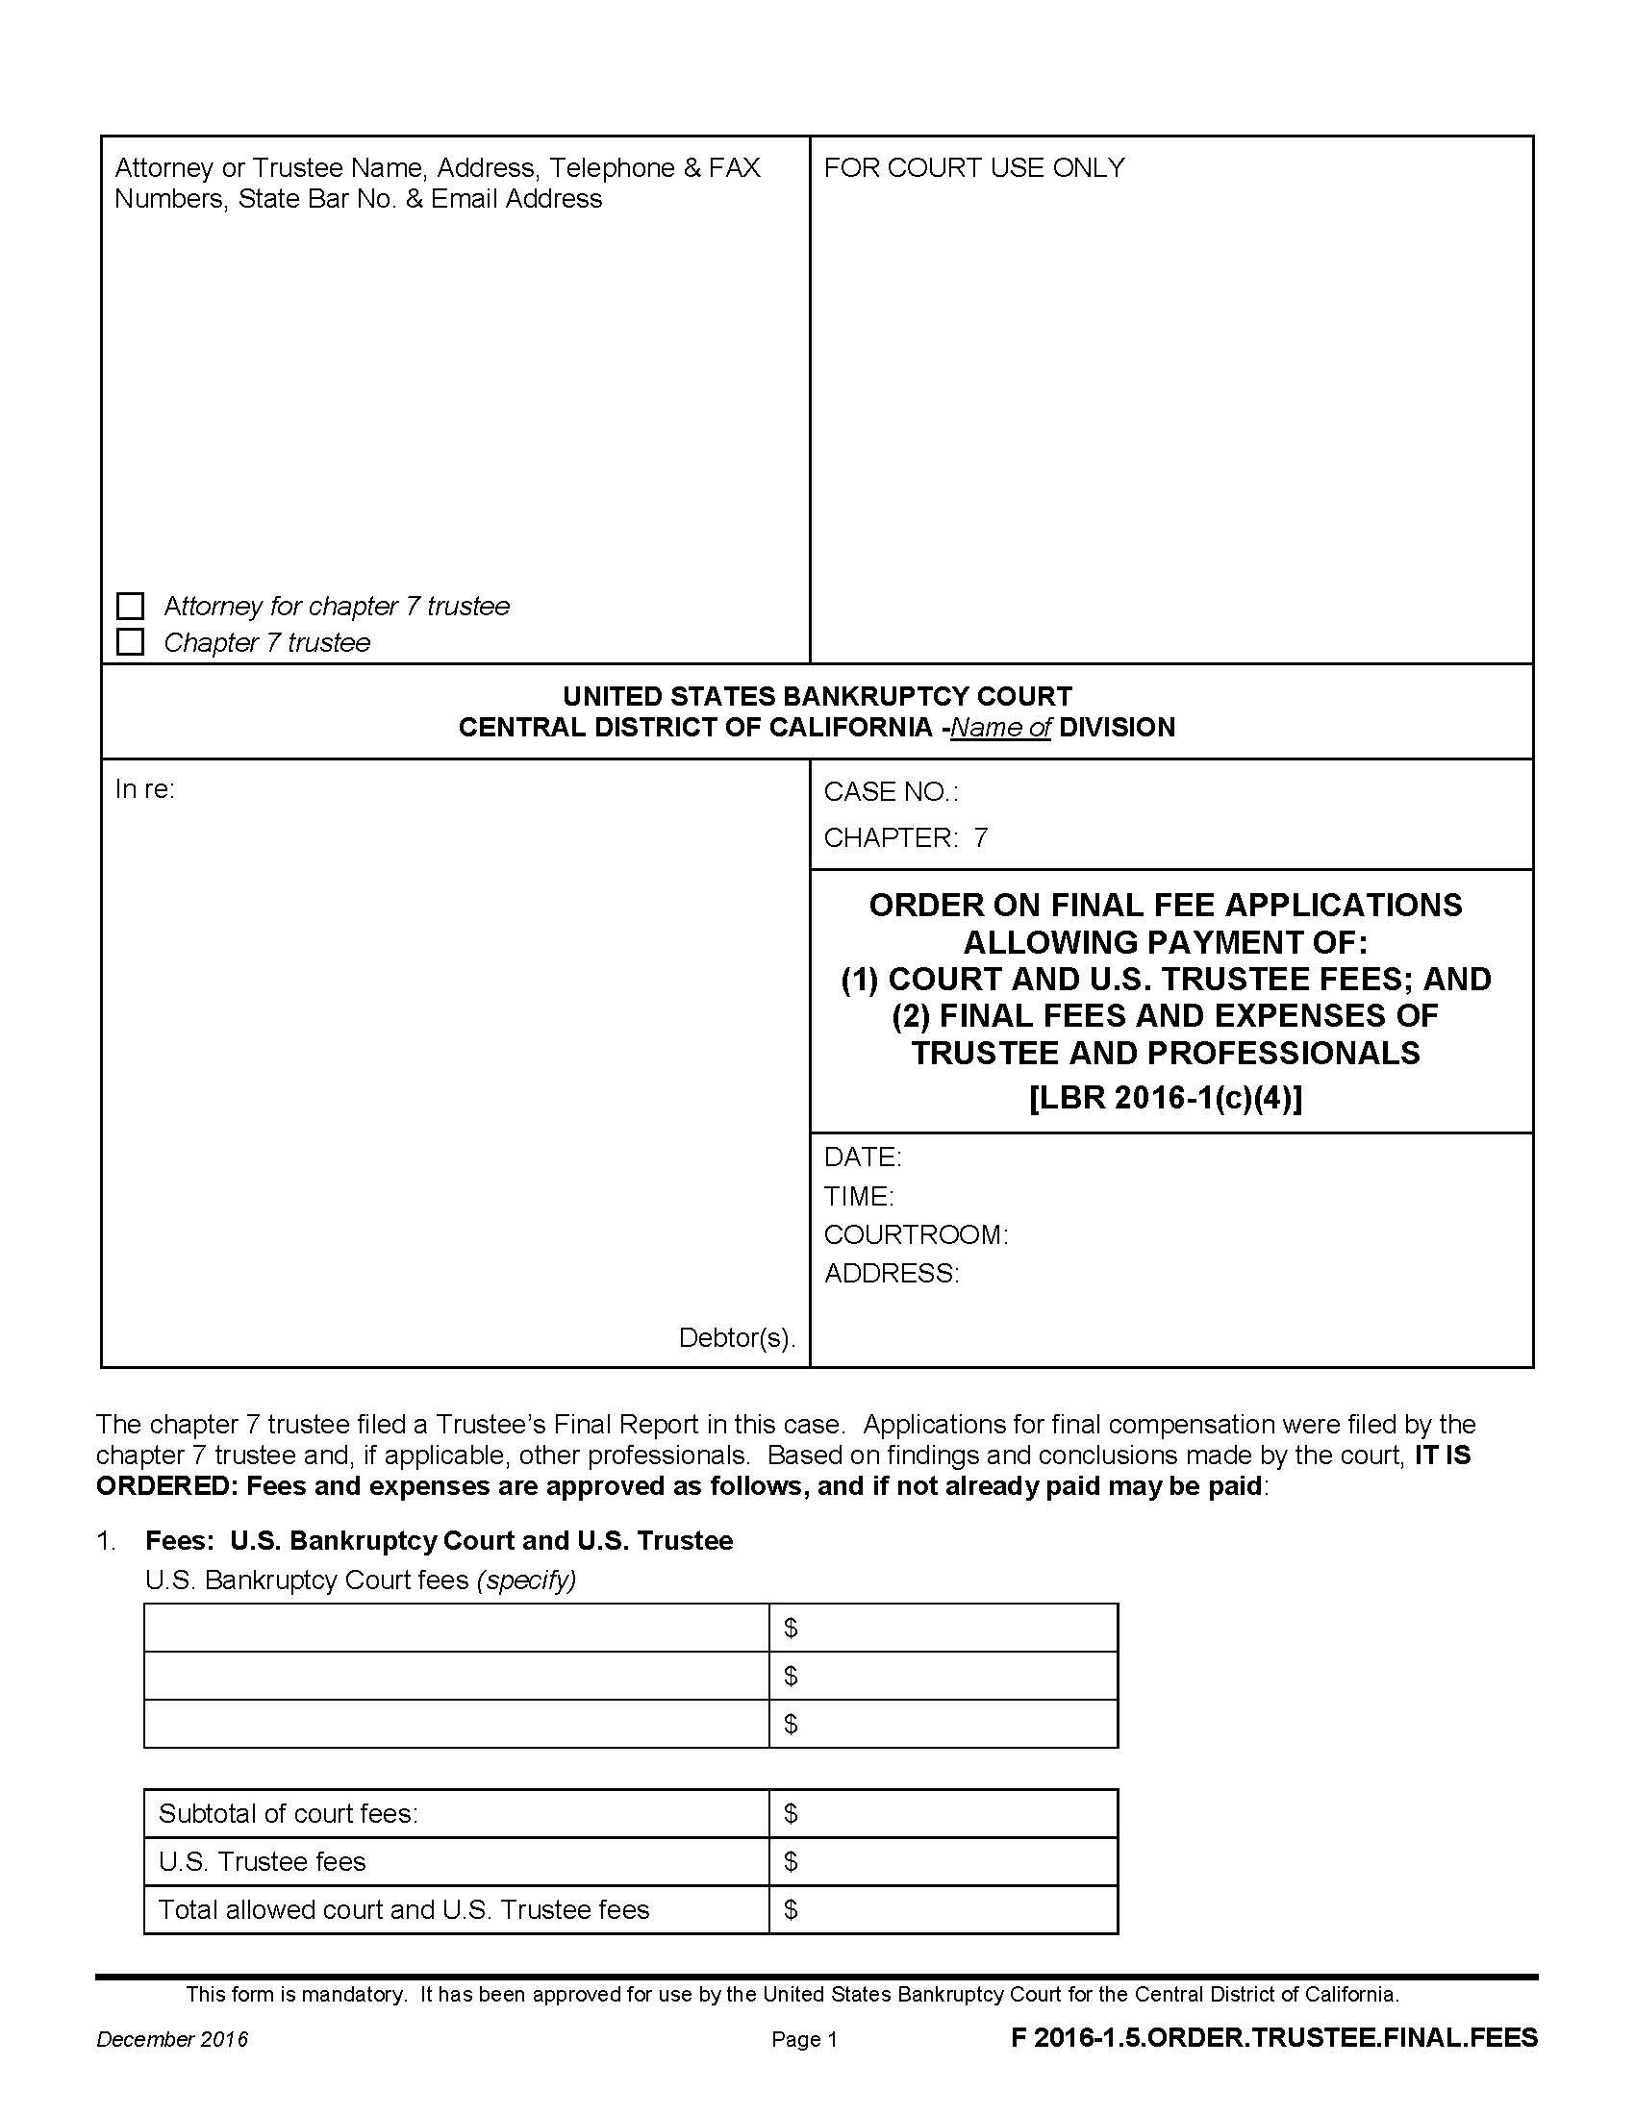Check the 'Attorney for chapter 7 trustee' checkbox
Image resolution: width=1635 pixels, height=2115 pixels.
[x=130, y=607]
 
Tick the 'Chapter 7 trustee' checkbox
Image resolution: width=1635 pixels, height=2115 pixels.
[x=130, y=642]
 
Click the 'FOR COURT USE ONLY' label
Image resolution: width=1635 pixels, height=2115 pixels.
[x=973, y=167]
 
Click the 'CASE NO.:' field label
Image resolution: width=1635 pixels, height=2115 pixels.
[x=891, y=792]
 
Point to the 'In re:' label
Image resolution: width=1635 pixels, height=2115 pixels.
[x=144, y=789]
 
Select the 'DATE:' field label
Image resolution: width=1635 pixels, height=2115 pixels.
[x=862, y=1157]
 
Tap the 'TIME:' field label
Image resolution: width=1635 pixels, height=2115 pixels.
[x=858, y=1196]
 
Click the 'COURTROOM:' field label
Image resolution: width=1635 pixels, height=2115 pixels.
[x=916, y=1234]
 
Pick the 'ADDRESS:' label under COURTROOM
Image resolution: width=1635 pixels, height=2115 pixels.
[x=892, y=1273]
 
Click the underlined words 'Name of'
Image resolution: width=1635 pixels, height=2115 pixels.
[x=1000, y=728]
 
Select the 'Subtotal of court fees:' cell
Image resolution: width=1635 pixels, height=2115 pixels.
[x=289, y=1813]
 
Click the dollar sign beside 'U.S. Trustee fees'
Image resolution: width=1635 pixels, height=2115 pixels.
[x=791, y=1861]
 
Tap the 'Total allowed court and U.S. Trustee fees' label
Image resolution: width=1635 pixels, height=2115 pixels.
[x=403, y=1909]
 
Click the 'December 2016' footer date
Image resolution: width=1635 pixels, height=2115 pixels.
[x=171, y=2039]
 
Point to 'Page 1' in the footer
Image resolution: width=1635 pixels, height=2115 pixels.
[x=804, y=2039]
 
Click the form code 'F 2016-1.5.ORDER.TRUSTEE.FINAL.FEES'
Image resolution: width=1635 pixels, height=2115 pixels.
[x=1273, y=2037]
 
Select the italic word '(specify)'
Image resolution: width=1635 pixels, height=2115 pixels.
[x=526, y=1580]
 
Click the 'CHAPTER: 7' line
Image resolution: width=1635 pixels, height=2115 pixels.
[x=906, y=837]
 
